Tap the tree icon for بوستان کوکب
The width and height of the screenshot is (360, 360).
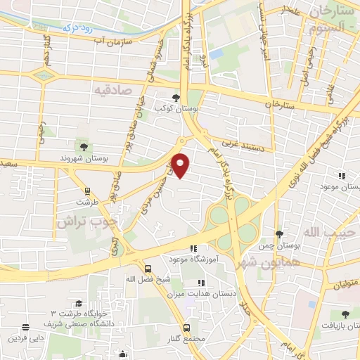[x=176, y=98]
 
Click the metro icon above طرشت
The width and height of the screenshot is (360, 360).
[x=87, y=191]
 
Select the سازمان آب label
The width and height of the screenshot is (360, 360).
[x=118, y=42]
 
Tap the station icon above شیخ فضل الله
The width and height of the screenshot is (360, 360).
[x=148, y=267]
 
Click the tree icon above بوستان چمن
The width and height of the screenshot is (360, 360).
[x=280, y=234]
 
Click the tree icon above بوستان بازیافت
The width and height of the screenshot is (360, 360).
[x=344, y=314]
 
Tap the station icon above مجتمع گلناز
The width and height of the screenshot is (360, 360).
[x=186, y=328]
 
